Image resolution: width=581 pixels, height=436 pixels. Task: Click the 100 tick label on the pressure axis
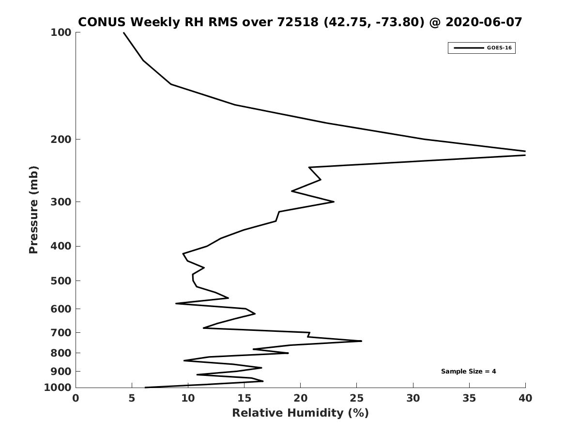click(61, 32)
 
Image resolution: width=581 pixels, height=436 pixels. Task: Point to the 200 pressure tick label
click(61, 139)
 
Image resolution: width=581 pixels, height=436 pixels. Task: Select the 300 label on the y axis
click(61, 202)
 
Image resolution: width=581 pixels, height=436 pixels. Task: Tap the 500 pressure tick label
click(61, 280)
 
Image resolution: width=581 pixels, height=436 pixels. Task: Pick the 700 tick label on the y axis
click(61, 332)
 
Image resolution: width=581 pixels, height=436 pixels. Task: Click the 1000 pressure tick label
click(58, 388)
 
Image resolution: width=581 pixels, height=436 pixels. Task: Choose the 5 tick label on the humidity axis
click(132, 398)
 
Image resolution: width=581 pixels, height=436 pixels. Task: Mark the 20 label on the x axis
click(301, 398)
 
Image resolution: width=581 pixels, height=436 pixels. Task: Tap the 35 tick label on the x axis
click(469, 398)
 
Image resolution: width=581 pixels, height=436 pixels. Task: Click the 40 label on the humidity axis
click(525, 398)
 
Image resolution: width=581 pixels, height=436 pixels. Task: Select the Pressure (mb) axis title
click(33, 210)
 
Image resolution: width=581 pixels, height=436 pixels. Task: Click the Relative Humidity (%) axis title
click(301, 413)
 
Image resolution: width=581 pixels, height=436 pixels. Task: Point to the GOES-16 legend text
click(499, 48)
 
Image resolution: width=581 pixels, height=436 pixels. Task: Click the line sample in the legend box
click(469, 48)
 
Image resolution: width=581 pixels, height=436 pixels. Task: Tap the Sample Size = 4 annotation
click(468, 372)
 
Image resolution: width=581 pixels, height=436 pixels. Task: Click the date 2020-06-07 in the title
click(484, 22)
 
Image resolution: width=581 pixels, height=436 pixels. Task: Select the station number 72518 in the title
click(298, 22)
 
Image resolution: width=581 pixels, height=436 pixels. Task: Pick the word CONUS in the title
click(102, 22)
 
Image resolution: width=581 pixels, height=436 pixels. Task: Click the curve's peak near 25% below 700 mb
click(362, 341)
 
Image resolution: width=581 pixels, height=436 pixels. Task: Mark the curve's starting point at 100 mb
click(123, 32)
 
